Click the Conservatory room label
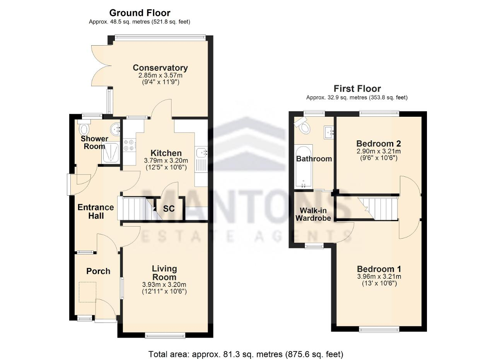160,68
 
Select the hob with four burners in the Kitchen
129,145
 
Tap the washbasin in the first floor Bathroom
329,132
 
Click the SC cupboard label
169,209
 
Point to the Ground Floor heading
140,13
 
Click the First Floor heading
357,89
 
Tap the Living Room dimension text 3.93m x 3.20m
164,285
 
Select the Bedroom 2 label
379,143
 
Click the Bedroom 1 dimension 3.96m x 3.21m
379,276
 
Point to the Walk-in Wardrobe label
313,214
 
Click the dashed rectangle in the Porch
87,292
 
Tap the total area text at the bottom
246,354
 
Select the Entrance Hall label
96,212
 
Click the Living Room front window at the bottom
165,336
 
